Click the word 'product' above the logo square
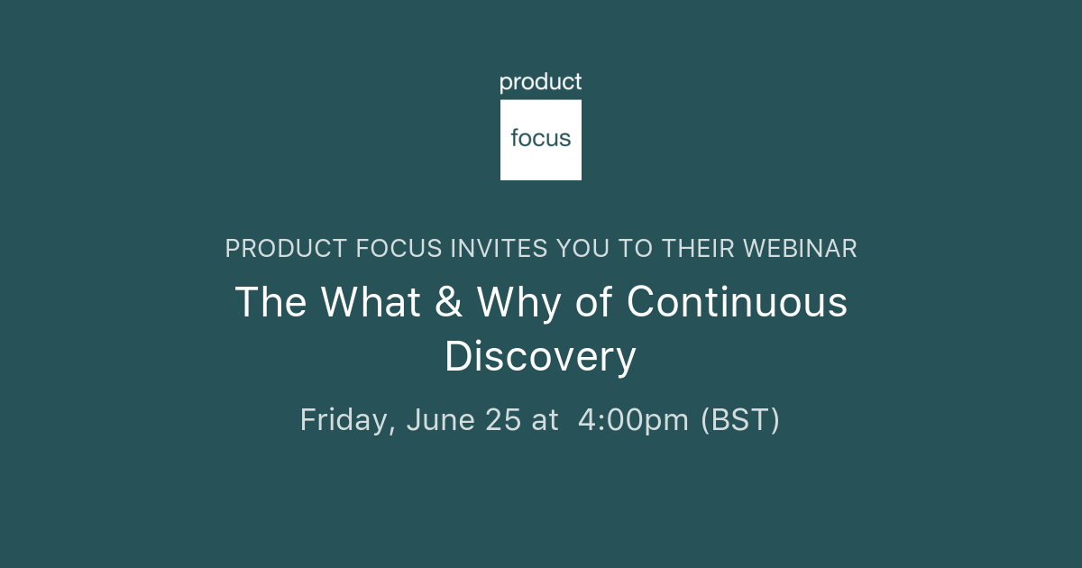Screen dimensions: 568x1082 pos(541,83)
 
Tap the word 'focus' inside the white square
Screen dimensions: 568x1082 pos(541,138)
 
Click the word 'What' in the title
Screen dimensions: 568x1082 pos(371,302)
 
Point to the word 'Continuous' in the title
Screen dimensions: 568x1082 pos(737,302)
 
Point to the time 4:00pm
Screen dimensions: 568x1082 pos(633,420)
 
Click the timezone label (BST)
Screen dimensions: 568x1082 pos(740,420)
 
